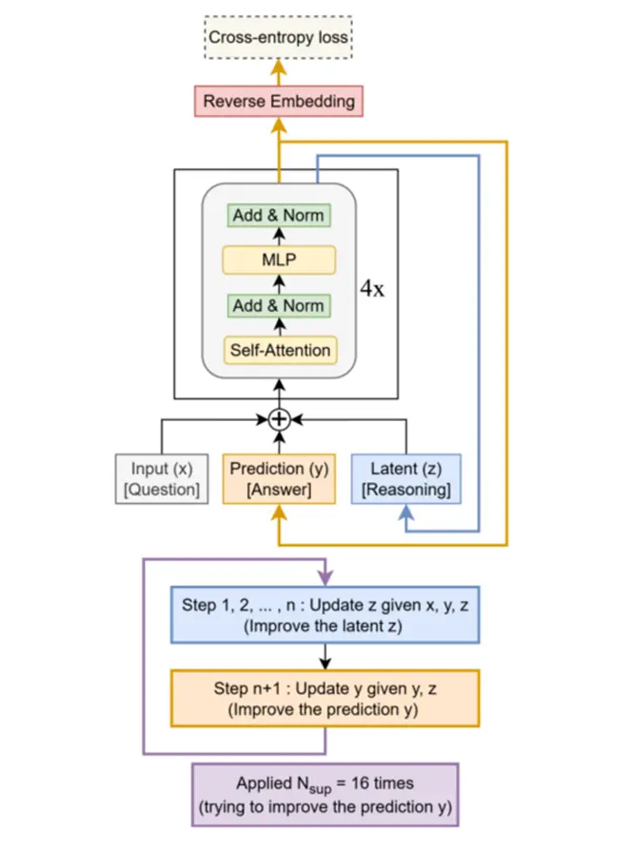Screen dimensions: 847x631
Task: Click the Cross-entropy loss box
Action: click(x=279, y=39)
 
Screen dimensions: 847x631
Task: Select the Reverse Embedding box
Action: click(x=279, y=100)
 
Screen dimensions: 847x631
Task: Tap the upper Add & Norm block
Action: click(x=279, y=216)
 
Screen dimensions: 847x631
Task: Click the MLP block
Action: click(x=279, y=260)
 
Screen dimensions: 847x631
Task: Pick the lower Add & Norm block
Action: click(x=279, y=305)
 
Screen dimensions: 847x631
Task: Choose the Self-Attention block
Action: click(x=279, y=350)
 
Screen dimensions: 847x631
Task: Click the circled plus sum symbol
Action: click(x=278, y=419)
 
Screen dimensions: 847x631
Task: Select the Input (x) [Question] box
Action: click(x=161, y=477)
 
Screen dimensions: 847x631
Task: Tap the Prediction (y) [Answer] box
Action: click(x=278, y=477)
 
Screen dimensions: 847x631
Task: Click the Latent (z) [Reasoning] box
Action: click(x=406, y=477)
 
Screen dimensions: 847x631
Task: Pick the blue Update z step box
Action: click(x=325, y=616)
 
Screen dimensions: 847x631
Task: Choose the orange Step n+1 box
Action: click(x=325, y=698)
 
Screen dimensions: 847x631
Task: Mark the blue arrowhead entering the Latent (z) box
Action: click(x=406, y=510)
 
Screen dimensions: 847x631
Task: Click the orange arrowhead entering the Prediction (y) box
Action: click(x=278, y=510)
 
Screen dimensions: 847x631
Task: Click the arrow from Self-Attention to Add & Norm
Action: click(x=279, y=328)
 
